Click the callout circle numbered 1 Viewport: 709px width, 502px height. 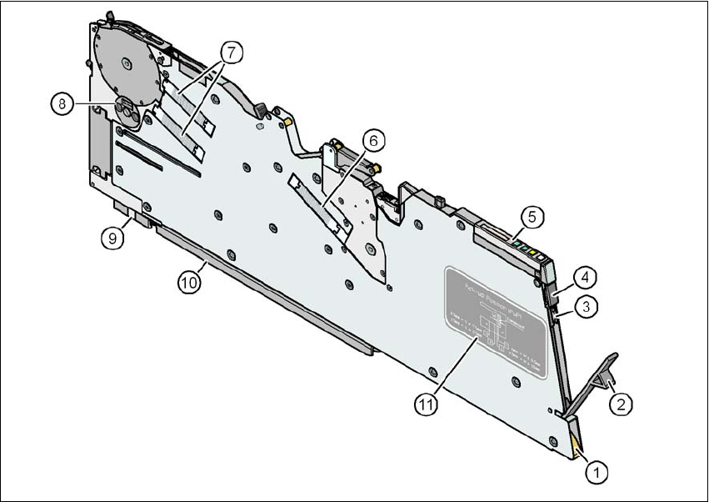click(596, 471)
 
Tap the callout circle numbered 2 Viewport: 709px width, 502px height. click(619, 404)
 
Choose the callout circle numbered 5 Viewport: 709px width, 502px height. click(532, 215)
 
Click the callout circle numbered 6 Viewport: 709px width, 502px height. click(373, 141)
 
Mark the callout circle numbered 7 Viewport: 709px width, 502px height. click(232, 51)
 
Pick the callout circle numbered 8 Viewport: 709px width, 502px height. click(61, 103)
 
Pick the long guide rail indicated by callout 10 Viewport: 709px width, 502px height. click(258, 284)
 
